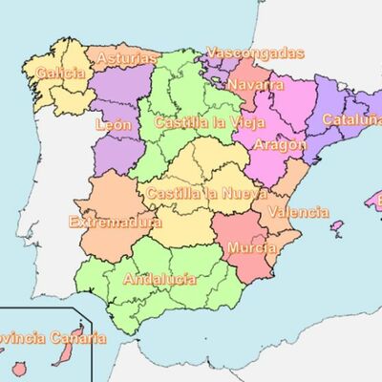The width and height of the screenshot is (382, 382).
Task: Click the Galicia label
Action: pyautogui.click(x=60, y=73)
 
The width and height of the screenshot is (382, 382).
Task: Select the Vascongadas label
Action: pyautogui.click(x=255, y=53)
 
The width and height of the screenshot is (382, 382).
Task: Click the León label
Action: pyautogui.click(x=114, y=124)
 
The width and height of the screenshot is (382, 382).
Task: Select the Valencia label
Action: pyautogui.click(x=298, y=213)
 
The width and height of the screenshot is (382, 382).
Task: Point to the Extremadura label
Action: pyautogui.click(x=116, y=222)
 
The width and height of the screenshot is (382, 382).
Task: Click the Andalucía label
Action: pyautogui.click(x=159, y=280)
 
